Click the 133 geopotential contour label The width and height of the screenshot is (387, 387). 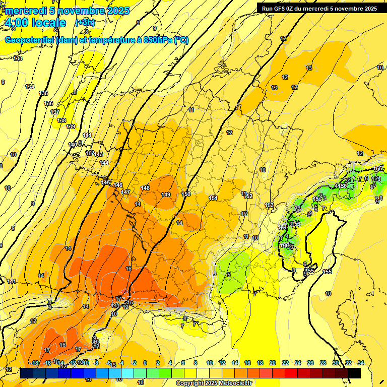coord(18,59)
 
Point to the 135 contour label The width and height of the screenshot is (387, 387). coord(44,93)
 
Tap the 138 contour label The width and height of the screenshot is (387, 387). coord(61,120)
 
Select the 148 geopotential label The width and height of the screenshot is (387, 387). coord(145,188)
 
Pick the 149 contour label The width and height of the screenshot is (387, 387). coord(166,195)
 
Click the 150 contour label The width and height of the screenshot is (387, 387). coord(186,194)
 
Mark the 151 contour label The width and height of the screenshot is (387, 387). coord(213,198)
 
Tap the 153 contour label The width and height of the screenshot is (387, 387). coord(269,205)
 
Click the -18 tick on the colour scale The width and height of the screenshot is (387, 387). coord(34,363)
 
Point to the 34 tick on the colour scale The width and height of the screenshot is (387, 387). coord(360,363)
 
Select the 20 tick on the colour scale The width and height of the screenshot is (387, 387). coord(273,363)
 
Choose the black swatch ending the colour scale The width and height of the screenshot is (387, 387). coord(354,373)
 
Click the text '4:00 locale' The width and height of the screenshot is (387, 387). coord(35,23)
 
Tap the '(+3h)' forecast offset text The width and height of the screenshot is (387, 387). coord(85,23)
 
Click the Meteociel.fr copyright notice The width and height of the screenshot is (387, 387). coord(214,383)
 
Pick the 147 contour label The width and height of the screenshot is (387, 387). coord(125,192)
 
